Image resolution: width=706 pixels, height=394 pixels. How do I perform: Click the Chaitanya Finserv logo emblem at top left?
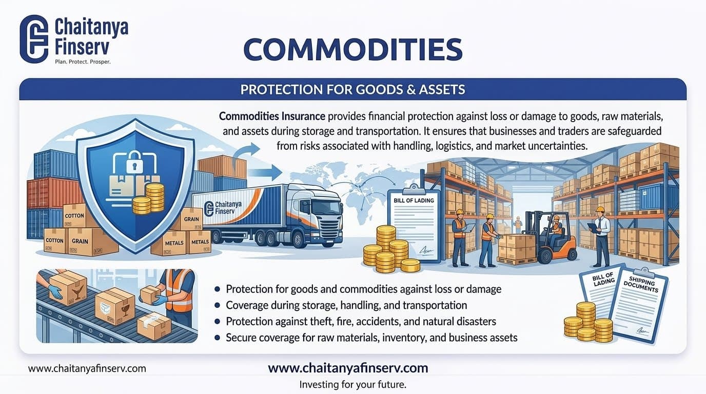tap(34, 39)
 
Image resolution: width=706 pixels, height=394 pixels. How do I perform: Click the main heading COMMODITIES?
tap(352, 50)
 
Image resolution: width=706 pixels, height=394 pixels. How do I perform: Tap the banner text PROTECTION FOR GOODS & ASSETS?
tap(352, 90)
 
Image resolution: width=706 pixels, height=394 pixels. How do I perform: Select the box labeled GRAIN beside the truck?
tap(191, 219)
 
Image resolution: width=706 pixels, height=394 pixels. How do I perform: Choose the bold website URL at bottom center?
tap(348, 368)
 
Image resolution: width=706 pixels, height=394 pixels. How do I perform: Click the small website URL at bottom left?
tap(87, 368)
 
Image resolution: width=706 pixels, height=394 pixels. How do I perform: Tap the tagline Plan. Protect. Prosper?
tap(83, 62)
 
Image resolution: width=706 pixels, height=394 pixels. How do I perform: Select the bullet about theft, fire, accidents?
tap(361, 322)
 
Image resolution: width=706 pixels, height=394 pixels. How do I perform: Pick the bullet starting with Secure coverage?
tap(371, 338)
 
